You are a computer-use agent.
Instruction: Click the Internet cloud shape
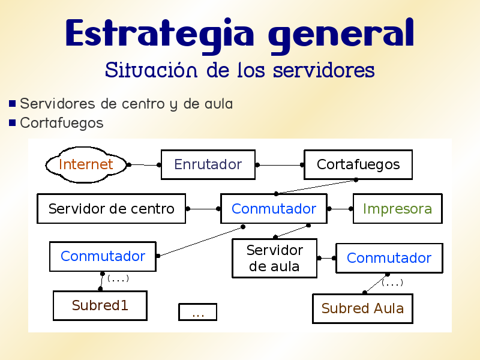point(86,164)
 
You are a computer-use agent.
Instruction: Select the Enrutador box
point(208,164)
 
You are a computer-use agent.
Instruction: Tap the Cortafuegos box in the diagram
point(358,164)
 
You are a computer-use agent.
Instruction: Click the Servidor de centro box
point(111,209)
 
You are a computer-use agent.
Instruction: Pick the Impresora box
point(397,209)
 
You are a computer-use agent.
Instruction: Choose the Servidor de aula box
point(274,259)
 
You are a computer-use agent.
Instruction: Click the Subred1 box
point(100,305)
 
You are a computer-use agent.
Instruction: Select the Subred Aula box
point(362,308)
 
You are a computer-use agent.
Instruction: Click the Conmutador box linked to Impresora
point(274,209)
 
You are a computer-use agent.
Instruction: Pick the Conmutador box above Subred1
point(103,256)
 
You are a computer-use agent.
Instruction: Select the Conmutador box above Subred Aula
point(389,258)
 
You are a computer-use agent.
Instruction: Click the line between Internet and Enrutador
point(145,164)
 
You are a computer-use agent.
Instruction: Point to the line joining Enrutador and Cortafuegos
point(280,164)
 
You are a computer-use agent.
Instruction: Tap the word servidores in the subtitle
point(323,71)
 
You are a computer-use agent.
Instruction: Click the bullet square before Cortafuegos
point(12,123)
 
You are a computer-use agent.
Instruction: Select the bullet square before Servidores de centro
point(12,104)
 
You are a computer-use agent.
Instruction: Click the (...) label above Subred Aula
point(392,282)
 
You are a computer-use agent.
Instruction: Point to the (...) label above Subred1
point(118,278)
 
